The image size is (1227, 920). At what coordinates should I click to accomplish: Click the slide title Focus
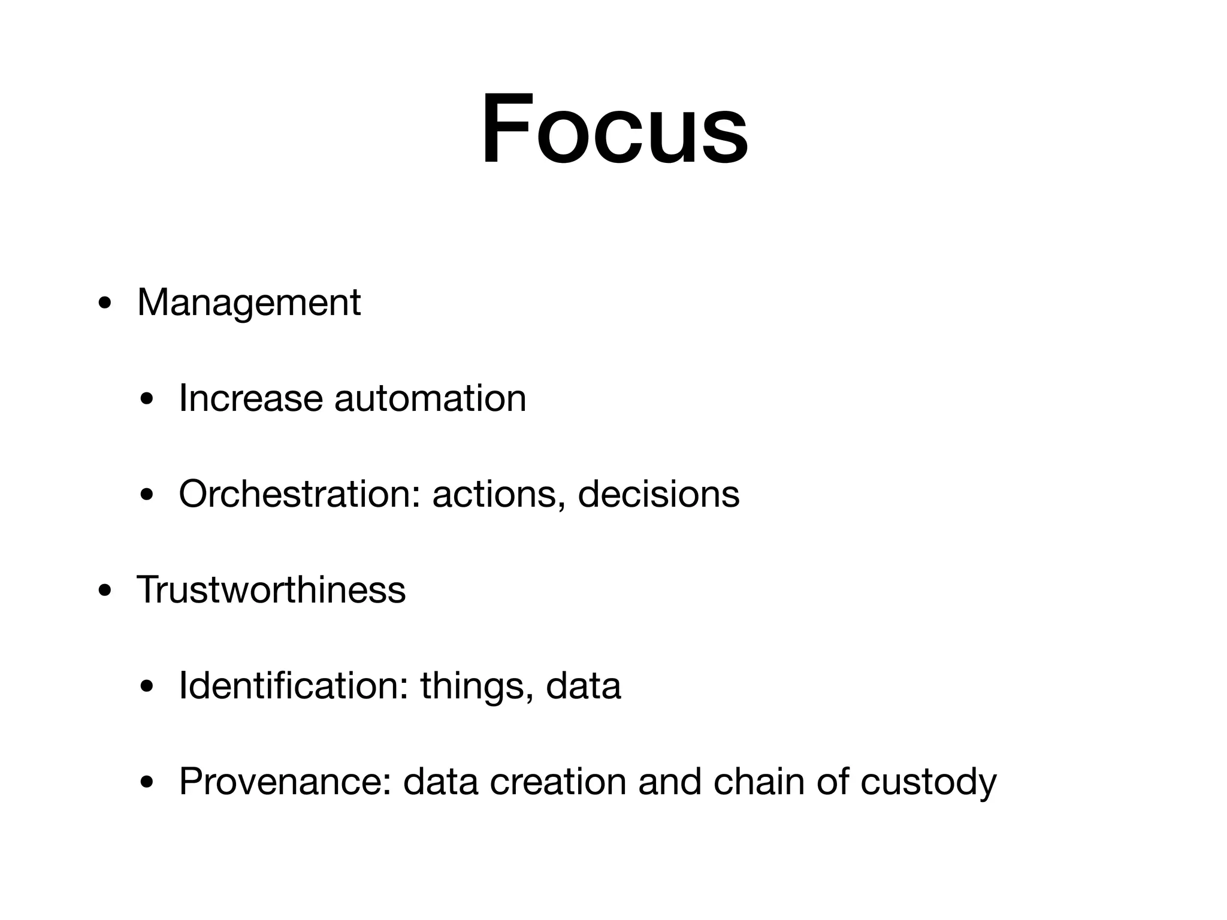click(614, 129)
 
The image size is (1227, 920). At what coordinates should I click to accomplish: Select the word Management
click(249, 302)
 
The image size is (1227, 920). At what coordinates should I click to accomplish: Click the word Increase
click(250, 398)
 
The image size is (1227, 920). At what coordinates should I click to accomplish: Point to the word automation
click(430, 398)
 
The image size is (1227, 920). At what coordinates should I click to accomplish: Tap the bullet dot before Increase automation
click(146, 400)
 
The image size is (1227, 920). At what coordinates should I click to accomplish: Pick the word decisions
click(658, 494)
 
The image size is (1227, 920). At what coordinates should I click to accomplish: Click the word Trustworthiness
click(271, 590)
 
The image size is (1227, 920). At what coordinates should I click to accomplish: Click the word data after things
click(583, 686)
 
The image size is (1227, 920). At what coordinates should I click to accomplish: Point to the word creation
click(558, 782)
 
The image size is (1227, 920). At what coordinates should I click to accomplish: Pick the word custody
click(928, 783)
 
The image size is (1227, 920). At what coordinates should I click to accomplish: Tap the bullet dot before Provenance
click(146, 783)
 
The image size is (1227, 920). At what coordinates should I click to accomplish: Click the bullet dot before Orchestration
click(146, 495)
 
